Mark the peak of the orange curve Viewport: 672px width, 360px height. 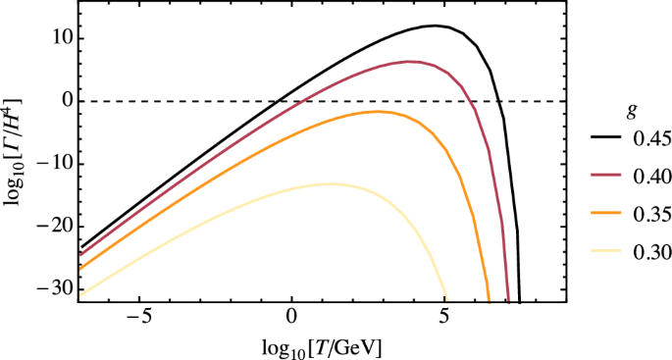(x=376, y=112)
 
